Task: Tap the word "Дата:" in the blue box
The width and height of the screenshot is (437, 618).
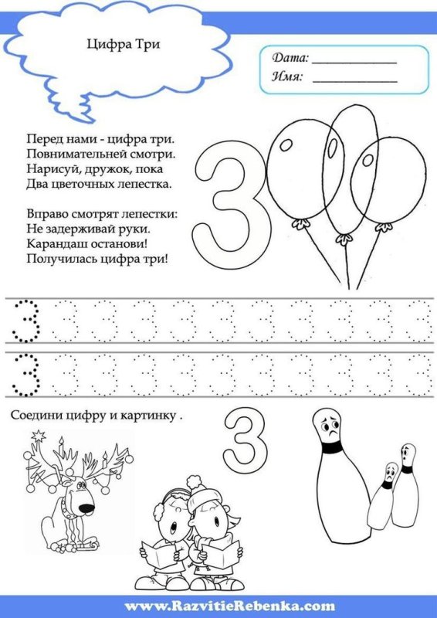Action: (290, 58)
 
